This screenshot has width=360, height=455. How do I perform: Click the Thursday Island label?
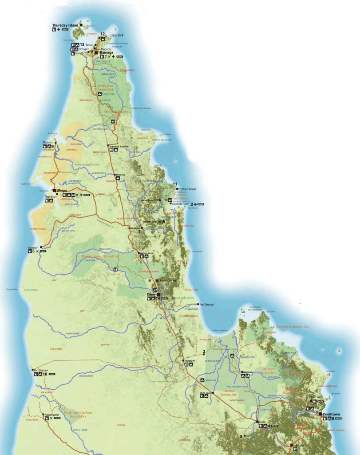point(65,25)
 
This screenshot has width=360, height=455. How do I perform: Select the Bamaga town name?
point(107,52)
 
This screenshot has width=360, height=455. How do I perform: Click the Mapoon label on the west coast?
point(47,143)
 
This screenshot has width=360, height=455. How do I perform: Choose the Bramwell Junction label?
point(119,146)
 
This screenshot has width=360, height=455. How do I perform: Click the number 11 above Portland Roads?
point(175,184)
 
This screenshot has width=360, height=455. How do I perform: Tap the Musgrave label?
point(190,361)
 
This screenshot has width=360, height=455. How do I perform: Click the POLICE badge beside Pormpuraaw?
point(56,374)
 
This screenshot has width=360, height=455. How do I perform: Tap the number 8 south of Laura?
point(241,437)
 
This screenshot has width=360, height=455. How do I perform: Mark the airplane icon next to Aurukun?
point(38,251)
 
